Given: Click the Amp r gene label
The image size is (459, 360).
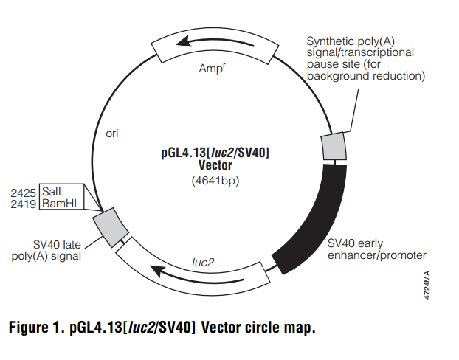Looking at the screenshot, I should pyautogui.click(x=212, y=69).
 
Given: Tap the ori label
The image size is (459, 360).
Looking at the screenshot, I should pyautogui.click(x=112, y=134).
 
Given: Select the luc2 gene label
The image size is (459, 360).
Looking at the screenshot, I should pyautogui.click(x=203, y=261).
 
